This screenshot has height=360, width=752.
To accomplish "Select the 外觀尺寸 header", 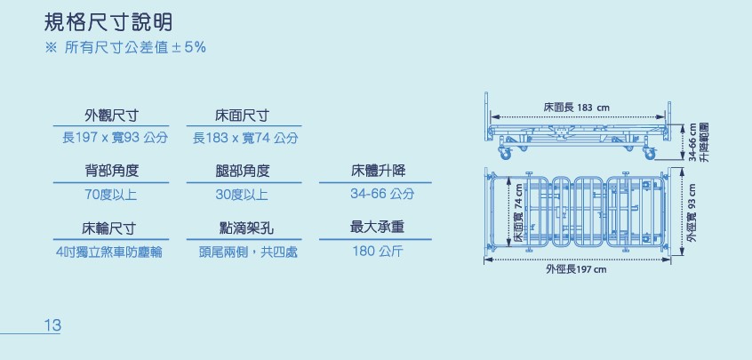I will click(111, 116).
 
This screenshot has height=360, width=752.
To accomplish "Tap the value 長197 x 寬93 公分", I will click(111, 138).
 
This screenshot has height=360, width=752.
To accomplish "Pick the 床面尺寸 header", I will click(243, 116).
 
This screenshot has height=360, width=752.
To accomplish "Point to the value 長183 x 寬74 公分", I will click(244, 138).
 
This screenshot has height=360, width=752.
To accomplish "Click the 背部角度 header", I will click(111, 171).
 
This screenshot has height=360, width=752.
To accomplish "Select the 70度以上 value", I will click(111, 194).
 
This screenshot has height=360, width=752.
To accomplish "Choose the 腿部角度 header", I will click(243, 171).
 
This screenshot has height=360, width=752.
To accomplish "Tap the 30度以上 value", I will click(243, 194).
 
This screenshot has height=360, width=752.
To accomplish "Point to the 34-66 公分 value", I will click(382, 194).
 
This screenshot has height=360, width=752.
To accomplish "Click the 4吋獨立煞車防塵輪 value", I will click(108, 252).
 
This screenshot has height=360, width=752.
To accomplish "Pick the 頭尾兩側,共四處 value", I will click(248, 252).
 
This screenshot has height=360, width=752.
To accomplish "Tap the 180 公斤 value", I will click(378, 252).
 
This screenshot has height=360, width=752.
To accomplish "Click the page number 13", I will click(52, 326).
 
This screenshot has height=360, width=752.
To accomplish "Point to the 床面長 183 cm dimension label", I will click(577, 108).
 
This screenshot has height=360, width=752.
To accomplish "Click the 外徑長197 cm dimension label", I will click(576, 268).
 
